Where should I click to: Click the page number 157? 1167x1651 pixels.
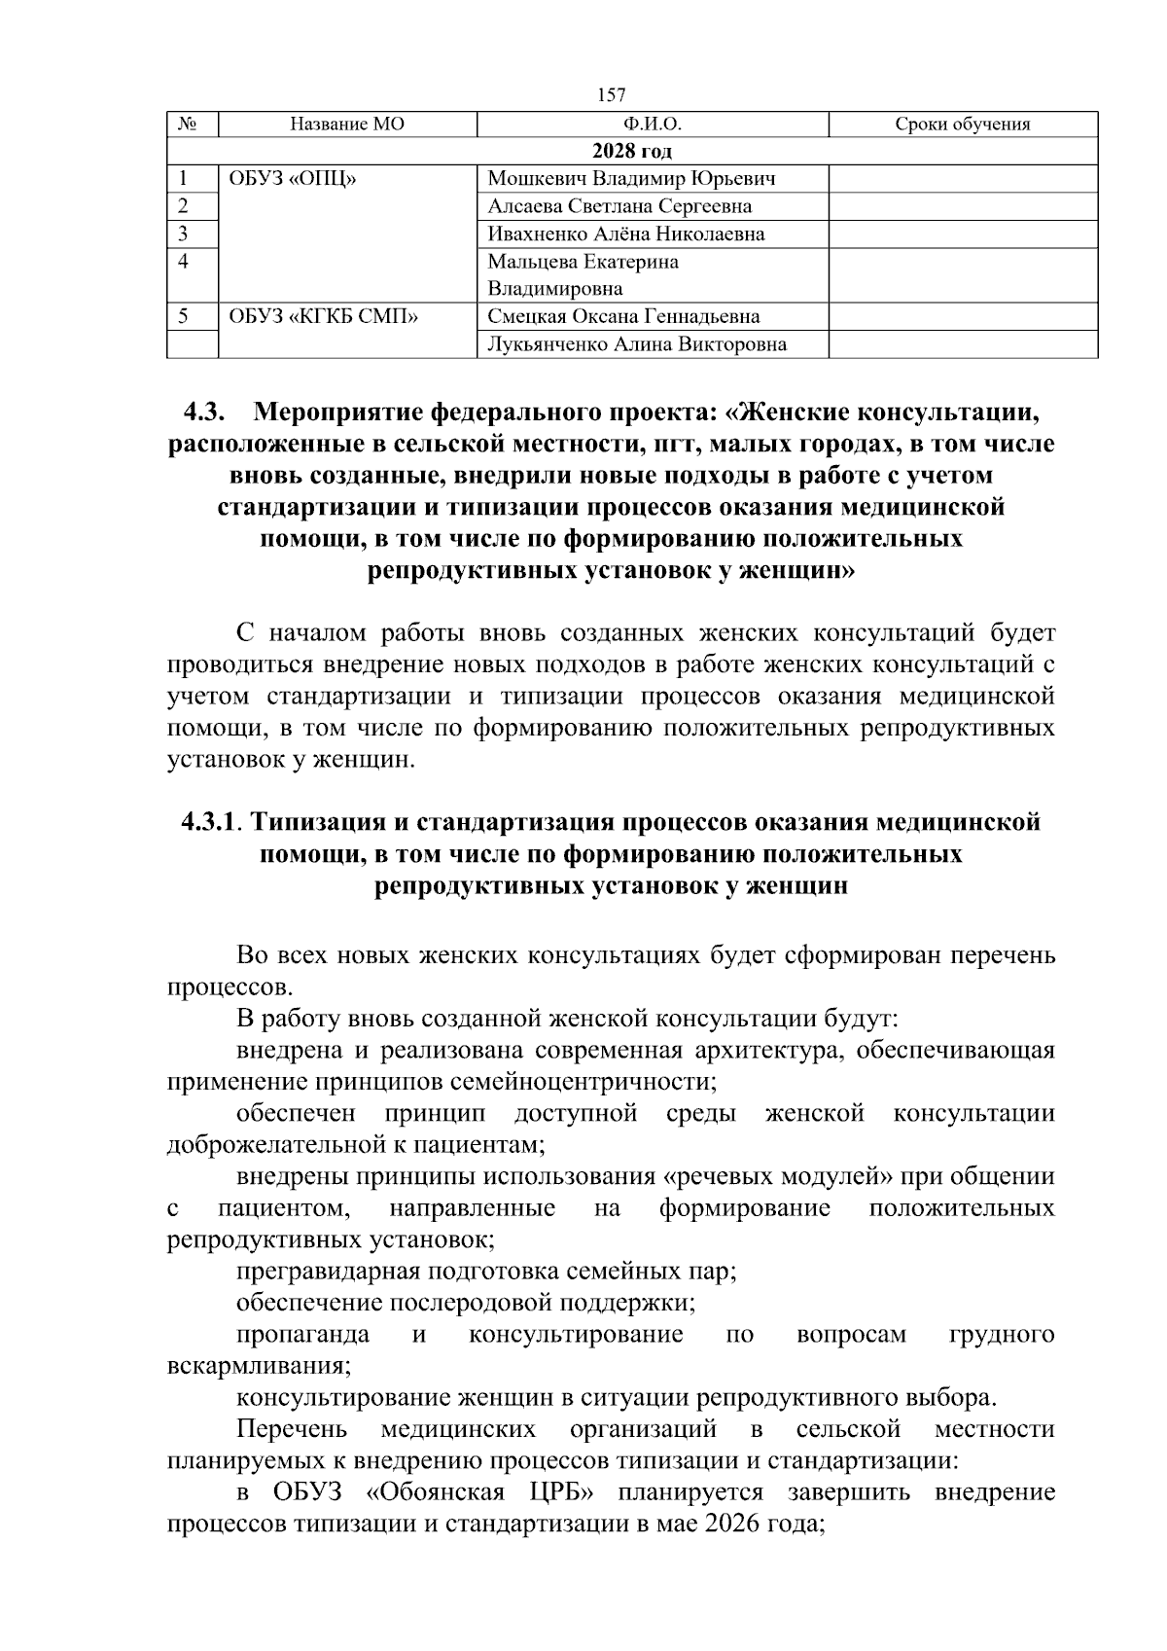611,94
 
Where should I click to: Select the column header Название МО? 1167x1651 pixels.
347,125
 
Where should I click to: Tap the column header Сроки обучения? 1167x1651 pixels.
962,125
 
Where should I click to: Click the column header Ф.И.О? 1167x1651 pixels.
653,125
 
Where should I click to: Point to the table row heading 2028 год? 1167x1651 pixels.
632,152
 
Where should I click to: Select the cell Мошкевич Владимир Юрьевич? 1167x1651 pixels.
631,179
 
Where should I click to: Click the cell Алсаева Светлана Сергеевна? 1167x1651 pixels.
619,206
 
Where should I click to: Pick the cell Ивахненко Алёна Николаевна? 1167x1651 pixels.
625,233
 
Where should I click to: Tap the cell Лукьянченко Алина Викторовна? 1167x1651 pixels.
637,344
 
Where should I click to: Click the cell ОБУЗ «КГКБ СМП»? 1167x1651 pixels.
324,317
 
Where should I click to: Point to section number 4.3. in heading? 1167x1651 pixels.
204,413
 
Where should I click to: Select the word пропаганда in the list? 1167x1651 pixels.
302,1335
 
